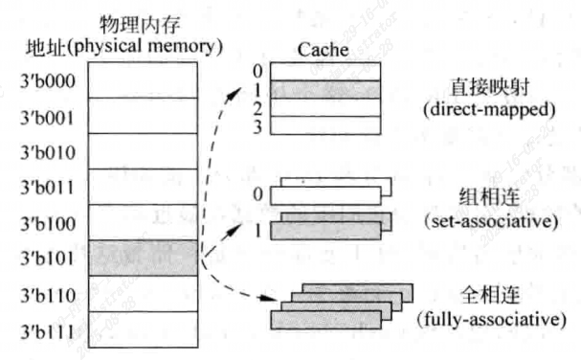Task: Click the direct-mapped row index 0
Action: [257, 71]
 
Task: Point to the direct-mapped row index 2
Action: [257, 108]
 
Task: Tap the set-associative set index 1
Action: [257, 230]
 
